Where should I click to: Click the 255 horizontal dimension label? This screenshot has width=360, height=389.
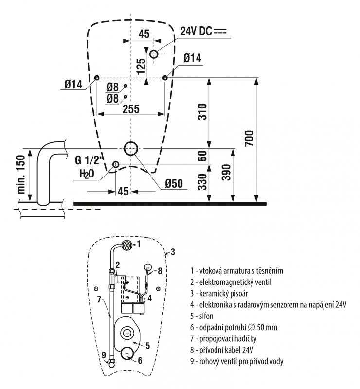[x=130, y=109]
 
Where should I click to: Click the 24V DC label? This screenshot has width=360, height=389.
[x=203, y=31]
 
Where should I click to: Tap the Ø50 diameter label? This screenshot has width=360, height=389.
[x=173, y=184]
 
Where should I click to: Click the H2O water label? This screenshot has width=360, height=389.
[x=84, y=174]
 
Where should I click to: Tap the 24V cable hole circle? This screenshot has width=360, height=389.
[x=154, y=53]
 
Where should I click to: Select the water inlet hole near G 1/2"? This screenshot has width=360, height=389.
[x=116, y=164]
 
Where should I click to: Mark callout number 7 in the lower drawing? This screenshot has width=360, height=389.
[x=99, y=299]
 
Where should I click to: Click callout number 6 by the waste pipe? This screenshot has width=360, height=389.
[x=140, y=360]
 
